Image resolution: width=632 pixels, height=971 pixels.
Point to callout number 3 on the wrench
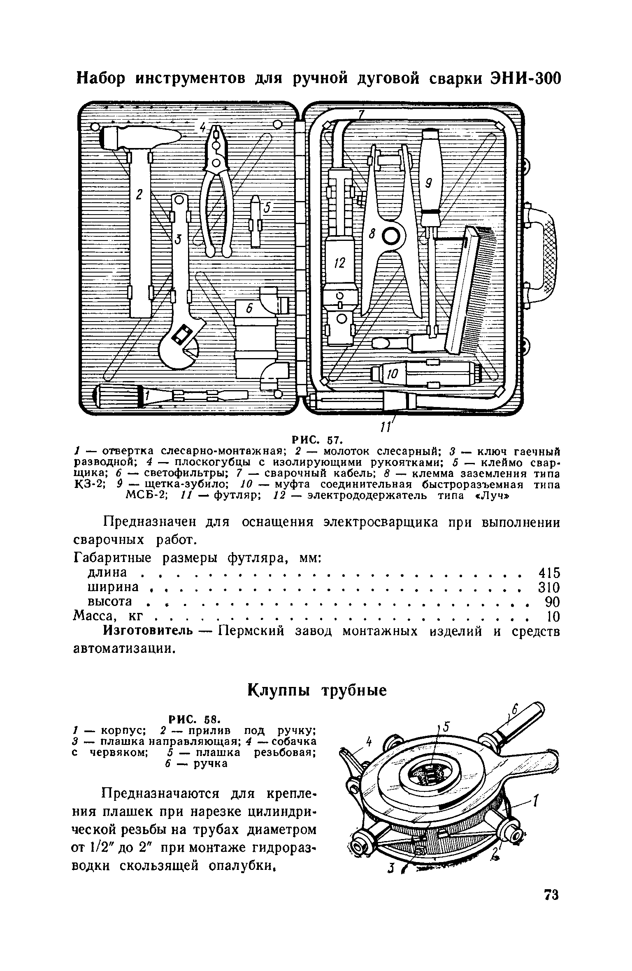click(x=178, y=238)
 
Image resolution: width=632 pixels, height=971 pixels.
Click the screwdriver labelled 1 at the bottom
click(x=169, y=396)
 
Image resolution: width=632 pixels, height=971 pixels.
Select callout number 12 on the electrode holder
click(x=340, y=264)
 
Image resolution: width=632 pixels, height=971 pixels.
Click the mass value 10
click(x=553, y=616)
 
